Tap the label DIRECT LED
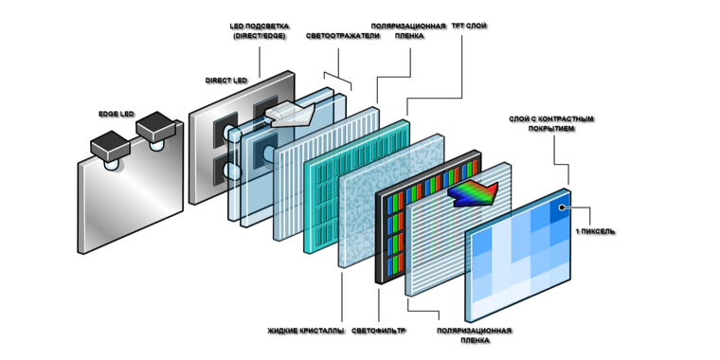[x=225, y=81]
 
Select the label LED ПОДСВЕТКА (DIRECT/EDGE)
[x=260, y=31]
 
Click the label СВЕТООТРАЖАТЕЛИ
[x=343, y=36]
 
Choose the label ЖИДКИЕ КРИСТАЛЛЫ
[x=306, y=331]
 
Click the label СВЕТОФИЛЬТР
[x=379, y=331]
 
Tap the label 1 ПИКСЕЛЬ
[x=595, y=232]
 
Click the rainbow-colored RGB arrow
[x=473, y=193]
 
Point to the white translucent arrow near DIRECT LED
[x=292, y=115]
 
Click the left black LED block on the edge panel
[x=110, y=147]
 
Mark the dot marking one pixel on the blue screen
[x=561, y=207]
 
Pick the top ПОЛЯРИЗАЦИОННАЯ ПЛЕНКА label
[x=408, y=31]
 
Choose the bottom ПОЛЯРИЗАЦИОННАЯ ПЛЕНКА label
[x=475, y=335]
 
